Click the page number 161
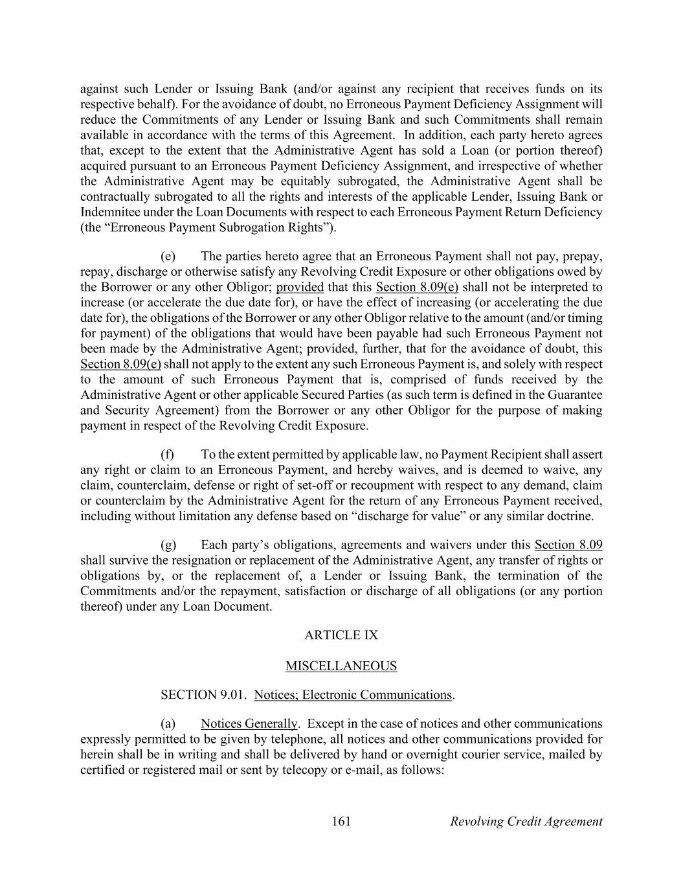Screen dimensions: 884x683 click(x=341, y=821)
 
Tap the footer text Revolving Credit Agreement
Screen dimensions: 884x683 click(x=526, y=821)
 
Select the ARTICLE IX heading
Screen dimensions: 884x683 click(x=341, y=635)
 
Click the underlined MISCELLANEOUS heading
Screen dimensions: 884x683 click(x=341, y=666)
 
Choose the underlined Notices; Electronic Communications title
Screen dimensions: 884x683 click(x=353, y=695)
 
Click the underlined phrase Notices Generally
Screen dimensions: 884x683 click(x=249, y=723)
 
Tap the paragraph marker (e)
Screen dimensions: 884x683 click(x=168, y=256)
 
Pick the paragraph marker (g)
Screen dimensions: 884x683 click(x=168, y=545)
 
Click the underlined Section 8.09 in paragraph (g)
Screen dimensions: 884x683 click(x=568, y=545)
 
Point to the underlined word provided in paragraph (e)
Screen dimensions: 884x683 click(x=300, y=287)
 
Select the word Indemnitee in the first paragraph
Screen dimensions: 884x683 click(x=107, y=212)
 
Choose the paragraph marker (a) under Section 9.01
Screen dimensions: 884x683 click(x=168, y=723)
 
